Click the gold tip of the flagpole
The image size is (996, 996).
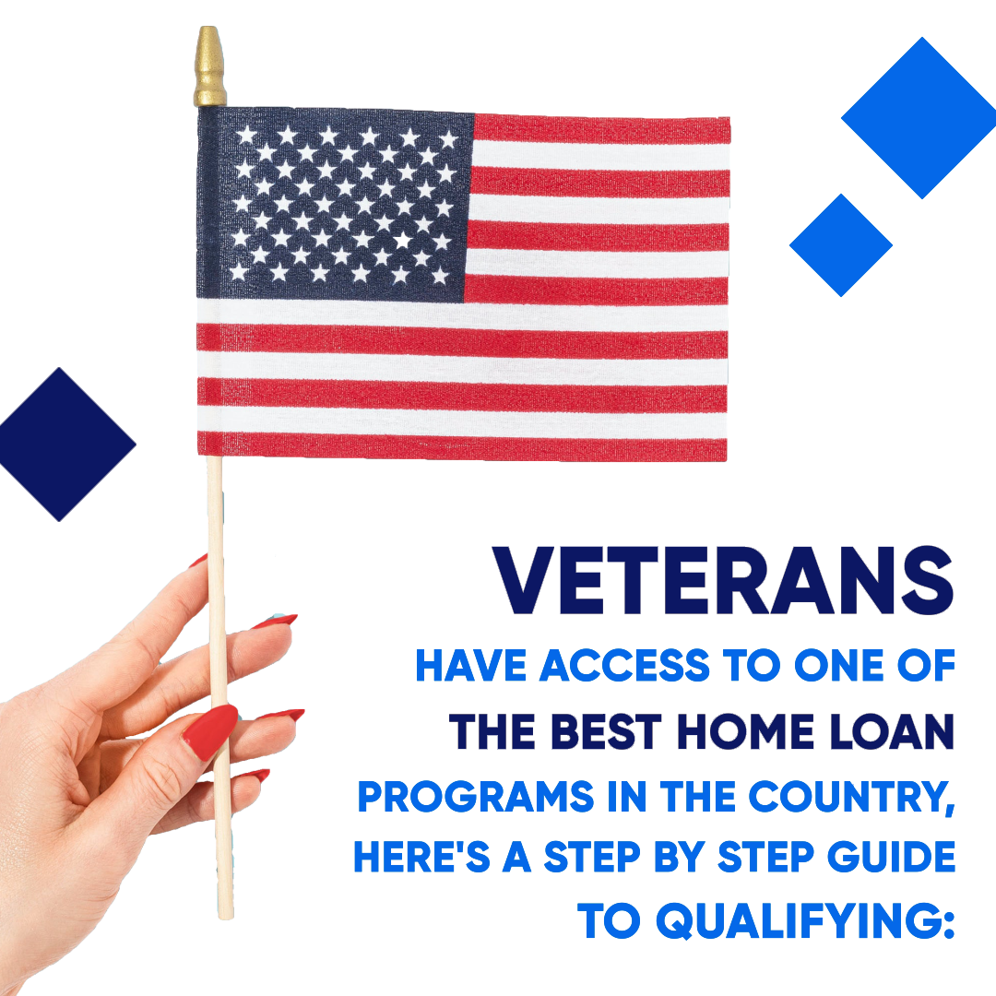209,66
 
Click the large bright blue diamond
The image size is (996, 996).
919,117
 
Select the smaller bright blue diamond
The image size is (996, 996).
841,245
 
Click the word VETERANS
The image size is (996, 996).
723,581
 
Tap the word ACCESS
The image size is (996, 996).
624,666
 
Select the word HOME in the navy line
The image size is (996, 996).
745,731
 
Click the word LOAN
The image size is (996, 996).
892,731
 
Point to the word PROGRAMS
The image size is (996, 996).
476,797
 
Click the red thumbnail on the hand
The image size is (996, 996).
210,731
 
